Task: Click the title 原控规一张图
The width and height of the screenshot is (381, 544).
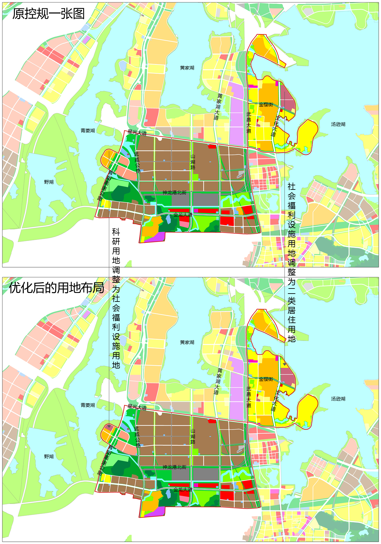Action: [49, 14]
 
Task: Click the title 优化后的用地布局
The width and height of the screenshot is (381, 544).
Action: [57, 288]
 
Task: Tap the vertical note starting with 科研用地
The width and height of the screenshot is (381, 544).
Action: [116, 298]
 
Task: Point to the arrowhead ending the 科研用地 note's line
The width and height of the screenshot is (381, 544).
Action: [109, 427]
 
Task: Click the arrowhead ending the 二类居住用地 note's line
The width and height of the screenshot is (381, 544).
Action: [285, 364]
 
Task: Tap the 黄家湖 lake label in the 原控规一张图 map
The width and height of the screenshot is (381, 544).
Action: [187, 68]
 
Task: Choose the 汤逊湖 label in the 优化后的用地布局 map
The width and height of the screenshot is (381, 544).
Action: [338, 399]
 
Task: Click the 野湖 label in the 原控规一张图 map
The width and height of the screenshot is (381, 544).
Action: [49, 182]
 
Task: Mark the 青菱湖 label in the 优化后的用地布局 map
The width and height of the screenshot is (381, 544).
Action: [88, 405]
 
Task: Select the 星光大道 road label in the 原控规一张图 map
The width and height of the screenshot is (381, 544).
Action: [137, 133]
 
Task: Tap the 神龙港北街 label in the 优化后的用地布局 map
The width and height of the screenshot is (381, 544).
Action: [174, 467]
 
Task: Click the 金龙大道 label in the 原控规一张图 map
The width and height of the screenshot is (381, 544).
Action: [183, 215]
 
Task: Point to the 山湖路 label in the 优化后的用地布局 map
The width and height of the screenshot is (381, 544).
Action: [193, 436]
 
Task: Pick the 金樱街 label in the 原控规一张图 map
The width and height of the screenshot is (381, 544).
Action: [266, 104]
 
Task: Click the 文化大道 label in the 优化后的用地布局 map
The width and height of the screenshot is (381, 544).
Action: [275, 401]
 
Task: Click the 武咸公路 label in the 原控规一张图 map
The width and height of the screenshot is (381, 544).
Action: [137, 162]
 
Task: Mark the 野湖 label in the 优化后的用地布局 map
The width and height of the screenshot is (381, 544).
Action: [49, 456]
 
